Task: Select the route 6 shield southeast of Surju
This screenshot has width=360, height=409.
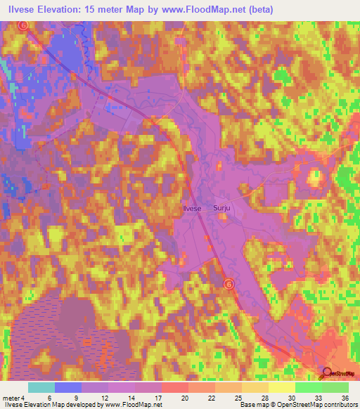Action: coord(228,283)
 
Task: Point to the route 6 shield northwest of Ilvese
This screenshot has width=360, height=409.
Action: coord(22,25)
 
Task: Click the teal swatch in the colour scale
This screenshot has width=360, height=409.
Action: coord(41,387)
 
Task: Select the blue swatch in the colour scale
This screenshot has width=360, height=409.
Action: coord(67,387)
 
